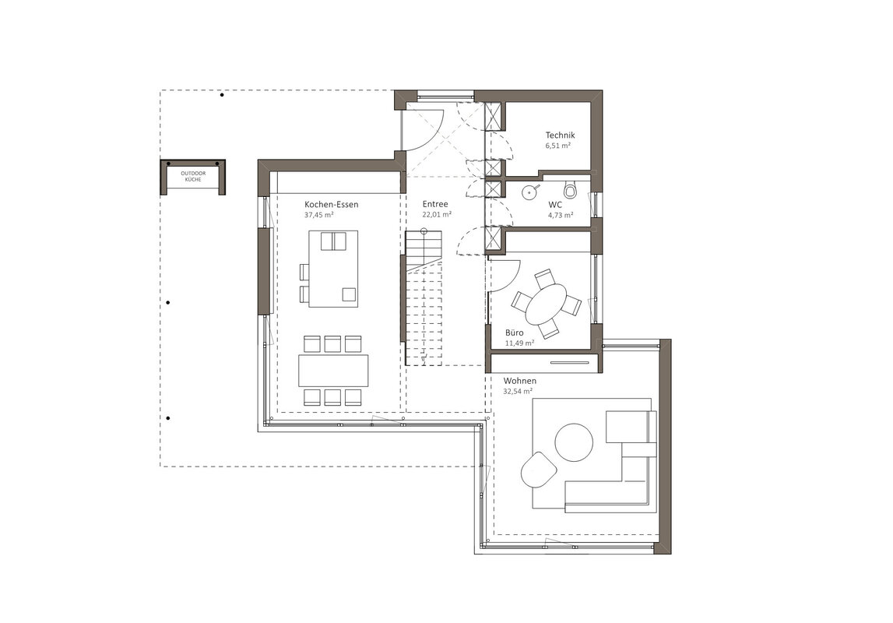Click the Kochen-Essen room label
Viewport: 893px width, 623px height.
(332, 205)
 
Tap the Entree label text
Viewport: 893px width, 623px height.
(435, 204)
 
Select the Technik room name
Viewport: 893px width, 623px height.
(560, 135)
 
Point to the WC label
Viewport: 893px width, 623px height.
(554, 205)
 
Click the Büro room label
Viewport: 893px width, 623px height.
(515, 333)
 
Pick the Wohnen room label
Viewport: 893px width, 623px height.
(519, 381)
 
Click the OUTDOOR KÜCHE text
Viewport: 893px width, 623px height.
(193, 176)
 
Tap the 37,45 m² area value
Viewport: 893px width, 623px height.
(319, 215)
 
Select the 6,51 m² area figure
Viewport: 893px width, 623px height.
(558, 145)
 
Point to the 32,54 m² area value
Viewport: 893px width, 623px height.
(518, 391)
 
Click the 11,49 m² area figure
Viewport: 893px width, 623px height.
(519, 343)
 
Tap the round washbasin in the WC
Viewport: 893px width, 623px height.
(530, 192)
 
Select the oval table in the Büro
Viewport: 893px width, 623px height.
(547, 304)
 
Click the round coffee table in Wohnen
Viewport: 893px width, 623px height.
(574, 442)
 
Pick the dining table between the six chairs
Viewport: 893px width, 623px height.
(333, 371)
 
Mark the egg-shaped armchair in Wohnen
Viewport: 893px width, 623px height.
(538, 470)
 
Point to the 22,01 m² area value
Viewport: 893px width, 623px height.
(437, 215)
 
